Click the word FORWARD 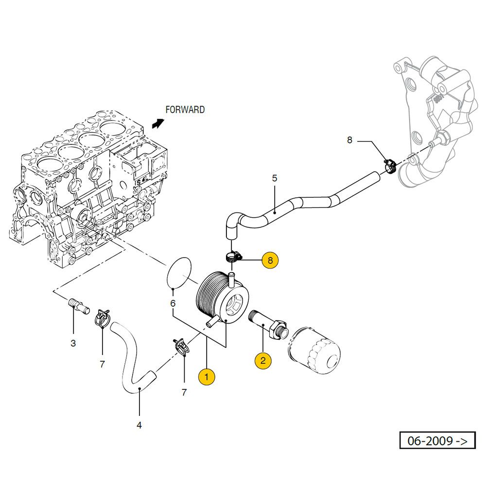[185, 110]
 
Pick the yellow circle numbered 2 [263, 360]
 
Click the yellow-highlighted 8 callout [270, 260]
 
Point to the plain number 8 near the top [349, 140]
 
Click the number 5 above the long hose [274, 178]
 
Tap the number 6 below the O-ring [173, 303]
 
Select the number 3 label [73, 343]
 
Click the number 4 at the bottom [139, 425]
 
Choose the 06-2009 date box [437, 441]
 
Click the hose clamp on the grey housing [391, 166]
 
